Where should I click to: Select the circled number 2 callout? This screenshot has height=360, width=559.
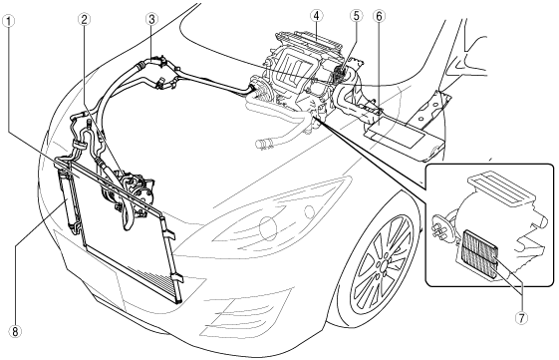(84, 20)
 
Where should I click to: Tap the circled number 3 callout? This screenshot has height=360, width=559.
(151, 20)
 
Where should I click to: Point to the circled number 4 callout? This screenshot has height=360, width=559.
(317, 16)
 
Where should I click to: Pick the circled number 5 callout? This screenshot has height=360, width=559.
(356, 16)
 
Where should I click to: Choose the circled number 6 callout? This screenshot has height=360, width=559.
(379, 16)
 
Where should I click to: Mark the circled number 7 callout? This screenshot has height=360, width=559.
(521, 318)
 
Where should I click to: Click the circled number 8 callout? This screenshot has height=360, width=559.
(15, 332)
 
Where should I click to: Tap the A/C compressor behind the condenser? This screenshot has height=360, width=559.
(132, 190)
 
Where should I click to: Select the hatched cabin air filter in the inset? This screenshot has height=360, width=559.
(478, 254)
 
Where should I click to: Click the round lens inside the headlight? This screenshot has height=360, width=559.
(268, 226)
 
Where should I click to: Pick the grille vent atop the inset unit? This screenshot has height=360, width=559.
(501, 189)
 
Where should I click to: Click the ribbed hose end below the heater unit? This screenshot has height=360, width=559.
(263, 144)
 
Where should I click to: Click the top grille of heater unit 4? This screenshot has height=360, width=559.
(308, 41)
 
